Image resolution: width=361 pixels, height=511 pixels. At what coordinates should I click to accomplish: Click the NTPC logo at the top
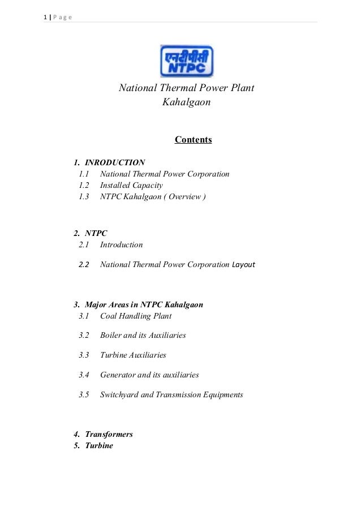pyautogui.click(x=187, y=61)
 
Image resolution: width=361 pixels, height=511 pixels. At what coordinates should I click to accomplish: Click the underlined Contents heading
pyautogui.click(x=193, y=140)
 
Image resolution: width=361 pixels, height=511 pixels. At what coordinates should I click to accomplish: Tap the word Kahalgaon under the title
pyautogui.click(x=187, y=103)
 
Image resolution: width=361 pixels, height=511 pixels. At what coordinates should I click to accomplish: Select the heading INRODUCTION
pyautogui.click(x=115, y=162)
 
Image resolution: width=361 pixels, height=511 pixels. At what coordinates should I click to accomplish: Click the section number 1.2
pyautogui.click(x=84, y=185)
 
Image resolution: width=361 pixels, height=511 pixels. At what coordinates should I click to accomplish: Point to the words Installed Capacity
pyautogui.click(x=131, y=185)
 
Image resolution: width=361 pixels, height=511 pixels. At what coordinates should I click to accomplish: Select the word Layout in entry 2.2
pyautogui.click(x=244, y=264)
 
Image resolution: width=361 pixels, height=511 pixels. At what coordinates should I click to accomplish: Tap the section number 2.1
pyautogui.click(x=84, y=245)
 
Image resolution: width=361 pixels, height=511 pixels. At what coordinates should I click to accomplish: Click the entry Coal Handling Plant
pyautogui.click(x=136, y=316)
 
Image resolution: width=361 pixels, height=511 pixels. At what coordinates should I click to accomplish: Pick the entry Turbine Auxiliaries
pyautogui.click(x=133, y=355)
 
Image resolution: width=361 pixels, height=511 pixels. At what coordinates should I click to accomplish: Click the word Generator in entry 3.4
pyautogui.click(x=117, y=375)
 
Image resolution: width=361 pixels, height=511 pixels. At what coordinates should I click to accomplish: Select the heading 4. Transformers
pyautogui.click(x=104, y=434)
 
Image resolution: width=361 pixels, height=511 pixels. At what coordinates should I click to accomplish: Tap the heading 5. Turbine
pyautogui.click(x=93, y=445)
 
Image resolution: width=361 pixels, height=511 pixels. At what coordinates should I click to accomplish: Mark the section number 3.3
pyautogui.click(x=84, y=355)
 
